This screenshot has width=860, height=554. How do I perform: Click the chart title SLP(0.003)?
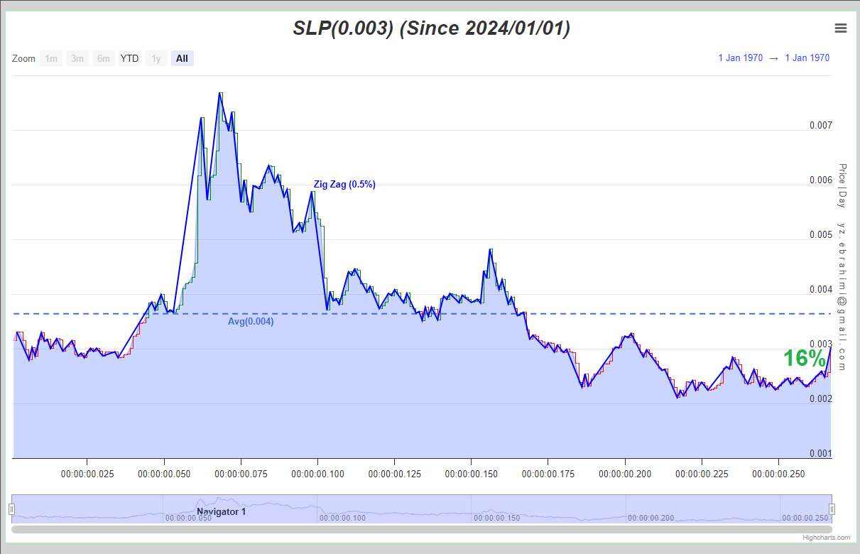[x=343, y=28]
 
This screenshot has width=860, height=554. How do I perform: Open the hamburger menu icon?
[x=840, y=28]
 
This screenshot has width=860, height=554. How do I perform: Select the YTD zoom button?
[x=129, y=58]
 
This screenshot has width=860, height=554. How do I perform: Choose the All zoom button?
[x=182, y=58]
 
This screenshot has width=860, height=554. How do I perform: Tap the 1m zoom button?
[x=51, y=58]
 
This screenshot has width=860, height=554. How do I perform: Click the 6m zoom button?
[x=103, y=58]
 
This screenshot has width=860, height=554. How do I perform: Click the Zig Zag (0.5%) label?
[x=344, y=184]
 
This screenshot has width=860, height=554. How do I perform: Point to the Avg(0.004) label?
[x=251, y=321]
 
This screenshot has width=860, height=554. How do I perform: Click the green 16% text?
[x=805, y=358]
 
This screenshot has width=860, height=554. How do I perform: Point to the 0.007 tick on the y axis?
[x=821, y=125]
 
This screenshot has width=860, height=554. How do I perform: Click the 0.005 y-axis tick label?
[x=821, y=234]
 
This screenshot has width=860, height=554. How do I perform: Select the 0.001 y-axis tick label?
[x=821, y=453]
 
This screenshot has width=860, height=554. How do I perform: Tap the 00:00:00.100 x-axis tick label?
[x=317, y=474]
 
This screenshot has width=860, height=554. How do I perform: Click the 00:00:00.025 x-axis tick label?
[x=87, y=474]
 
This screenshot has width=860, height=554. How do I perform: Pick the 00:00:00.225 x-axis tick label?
[x=702, y=474]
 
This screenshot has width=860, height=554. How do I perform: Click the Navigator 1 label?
[x=221, y=512]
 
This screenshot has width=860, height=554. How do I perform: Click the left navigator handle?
[x=12, y=509]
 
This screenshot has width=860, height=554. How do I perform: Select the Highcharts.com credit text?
[x=826, y=538]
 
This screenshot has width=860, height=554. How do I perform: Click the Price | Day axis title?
[x=842, y=186]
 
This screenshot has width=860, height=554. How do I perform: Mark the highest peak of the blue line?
[x=220, y=93]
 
